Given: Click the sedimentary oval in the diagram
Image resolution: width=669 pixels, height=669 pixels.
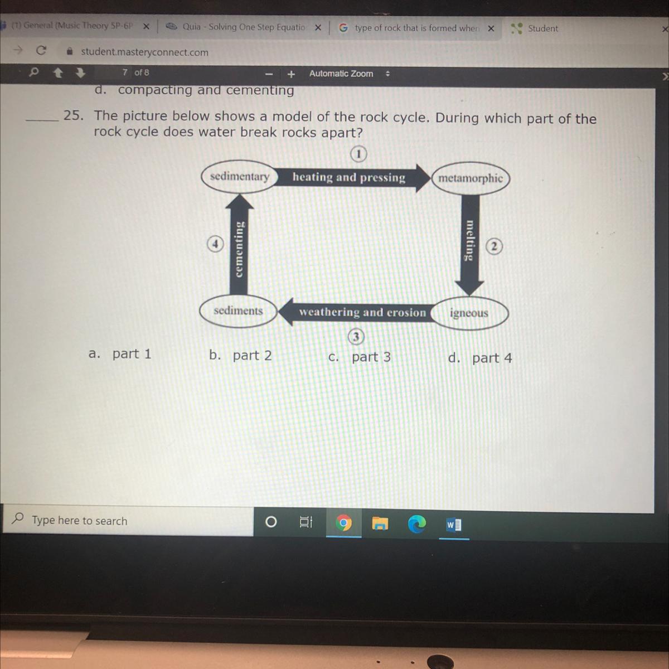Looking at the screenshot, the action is click(x=240, y=177).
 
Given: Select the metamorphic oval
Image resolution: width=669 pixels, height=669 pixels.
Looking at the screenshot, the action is click(x=471, y=179).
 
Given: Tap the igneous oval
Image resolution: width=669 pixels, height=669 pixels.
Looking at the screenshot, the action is click(x=469, y=313).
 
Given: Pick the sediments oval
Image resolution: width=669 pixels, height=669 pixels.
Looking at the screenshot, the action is click(x=239, y=311).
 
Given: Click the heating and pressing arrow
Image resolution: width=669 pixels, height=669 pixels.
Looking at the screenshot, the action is click(x=352, y=178).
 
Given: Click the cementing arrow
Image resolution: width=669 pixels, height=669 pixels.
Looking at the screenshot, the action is click(x=239, y=244).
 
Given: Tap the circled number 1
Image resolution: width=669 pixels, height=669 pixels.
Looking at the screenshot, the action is click(x=358, y=154).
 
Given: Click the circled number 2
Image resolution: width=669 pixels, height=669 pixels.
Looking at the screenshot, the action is click(x=494, y=246).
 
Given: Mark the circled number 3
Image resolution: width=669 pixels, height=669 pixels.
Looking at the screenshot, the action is click(x=356, y=337).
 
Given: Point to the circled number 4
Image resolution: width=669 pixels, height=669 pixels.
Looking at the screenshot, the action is click(x=215, y=244).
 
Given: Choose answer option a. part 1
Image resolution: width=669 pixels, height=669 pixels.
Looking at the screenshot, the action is click(x=120, y=354).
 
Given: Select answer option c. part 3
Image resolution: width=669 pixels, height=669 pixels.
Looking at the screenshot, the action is click(x=360, y=357).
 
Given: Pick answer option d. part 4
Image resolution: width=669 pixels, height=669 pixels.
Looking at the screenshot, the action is click(x=480, y=358).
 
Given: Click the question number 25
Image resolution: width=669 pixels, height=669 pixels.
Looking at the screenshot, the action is click(x=73, y=115).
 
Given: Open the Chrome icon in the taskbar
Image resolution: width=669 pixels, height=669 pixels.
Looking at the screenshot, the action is click(x=344, y=523).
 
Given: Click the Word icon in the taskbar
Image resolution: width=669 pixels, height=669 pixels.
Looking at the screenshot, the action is click(x=454, y=525).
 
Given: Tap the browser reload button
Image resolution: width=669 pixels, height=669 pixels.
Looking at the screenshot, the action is click(x=41, y=51).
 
